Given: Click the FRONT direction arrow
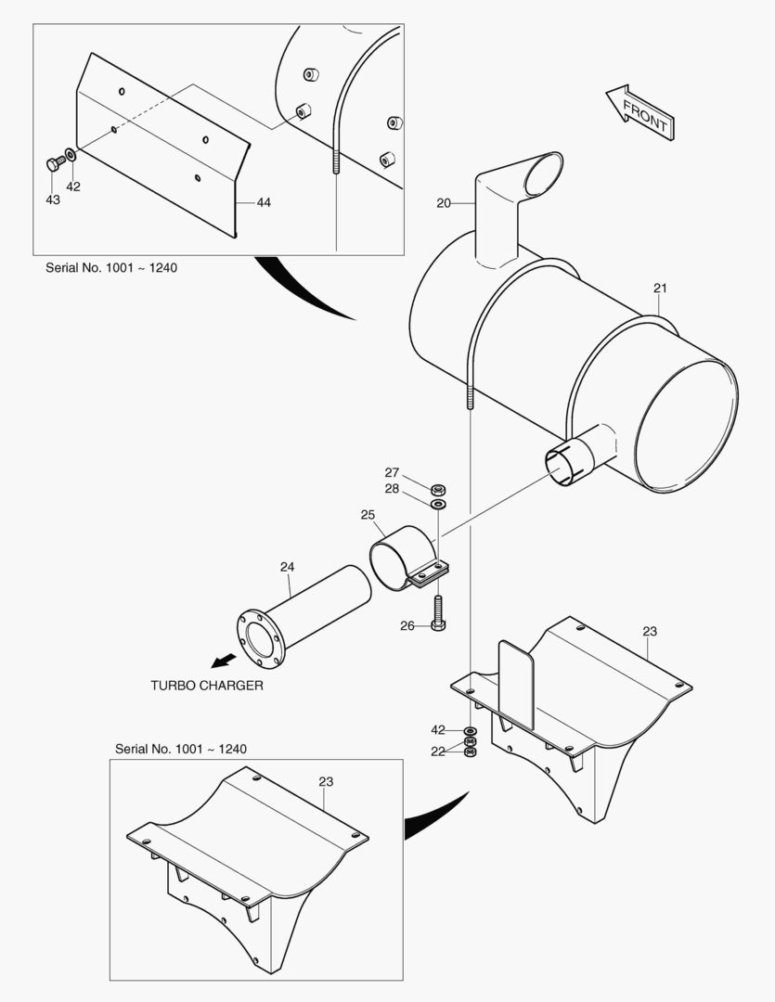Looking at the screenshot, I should tap(639, 111).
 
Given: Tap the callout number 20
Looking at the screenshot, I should tap(445, 202).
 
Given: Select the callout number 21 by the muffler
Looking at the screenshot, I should tap(660, 288).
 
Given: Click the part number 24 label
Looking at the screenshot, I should tap(287, 566).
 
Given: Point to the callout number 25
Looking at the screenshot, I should tap(368, 514).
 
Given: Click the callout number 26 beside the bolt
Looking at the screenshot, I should tap(407, 625).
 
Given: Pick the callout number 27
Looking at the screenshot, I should tap(393, 473).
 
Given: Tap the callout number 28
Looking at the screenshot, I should tap(393, 489).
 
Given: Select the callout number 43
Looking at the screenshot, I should tap(53, 199).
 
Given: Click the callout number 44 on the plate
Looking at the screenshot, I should tap(264, 202).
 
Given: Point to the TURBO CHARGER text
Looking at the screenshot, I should tap(207, 686).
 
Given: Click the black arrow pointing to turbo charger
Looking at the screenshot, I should tap(224, 660).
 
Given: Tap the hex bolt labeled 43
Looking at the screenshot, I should tap(53, 164).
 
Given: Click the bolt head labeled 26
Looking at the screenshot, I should tap(439, 624).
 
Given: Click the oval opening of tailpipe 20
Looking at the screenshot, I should tap(541, 174).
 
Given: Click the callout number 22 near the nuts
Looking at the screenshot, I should tap(438, 751).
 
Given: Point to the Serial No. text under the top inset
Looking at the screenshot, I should tap(111, 267).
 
